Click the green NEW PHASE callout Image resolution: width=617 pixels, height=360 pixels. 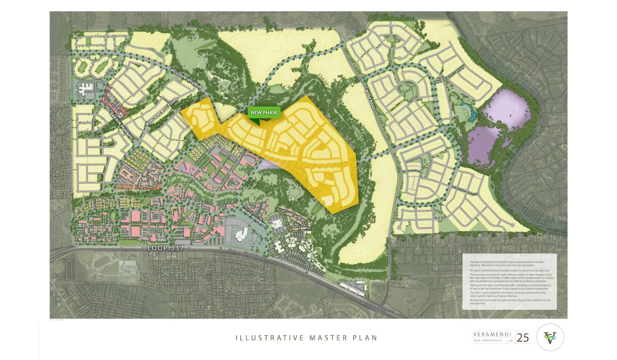click(x=264, y=112)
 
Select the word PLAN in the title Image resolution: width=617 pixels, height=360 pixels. click(x=366, y=338)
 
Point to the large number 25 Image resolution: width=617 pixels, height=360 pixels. click(x=523, y=337)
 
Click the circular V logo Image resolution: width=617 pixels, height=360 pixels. click(x=550, y=337)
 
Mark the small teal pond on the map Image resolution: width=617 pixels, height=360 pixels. click(x=466, y=109)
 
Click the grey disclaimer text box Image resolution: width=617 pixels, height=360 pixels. click(x=509, y=281)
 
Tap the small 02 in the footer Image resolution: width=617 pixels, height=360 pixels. click(x=511, y=340)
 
